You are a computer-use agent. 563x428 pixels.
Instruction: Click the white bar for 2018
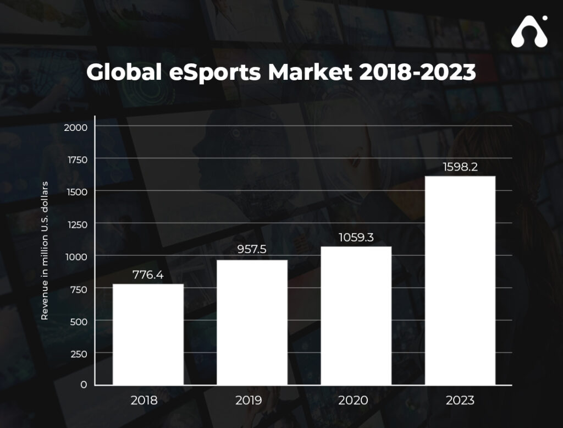tap(148, 334)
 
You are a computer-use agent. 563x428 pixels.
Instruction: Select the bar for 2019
tap(252, 322)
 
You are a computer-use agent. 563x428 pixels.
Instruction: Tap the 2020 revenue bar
tap(356, 316)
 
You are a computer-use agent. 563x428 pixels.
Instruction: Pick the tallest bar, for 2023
tap(461, 281)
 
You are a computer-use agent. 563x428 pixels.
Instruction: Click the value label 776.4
tap(148, 275)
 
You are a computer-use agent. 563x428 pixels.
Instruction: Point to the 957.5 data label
tap(252, 249)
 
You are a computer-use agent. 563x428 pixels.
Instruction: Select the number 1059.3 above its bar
tap(356, 237)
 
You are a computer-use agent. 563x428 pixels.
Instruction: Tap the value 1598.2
tap(461, 167)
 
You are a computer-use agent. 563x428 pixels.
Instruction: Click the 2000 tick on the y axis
tap(75, 127)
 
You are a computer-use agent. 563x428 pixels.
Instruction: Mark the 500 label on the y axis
tap(78, 321)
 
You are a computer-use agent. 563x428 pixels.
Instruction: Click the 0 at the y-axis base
tap(84, 385)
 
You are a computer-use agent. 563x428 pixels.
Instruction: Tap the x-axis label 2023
tap(461, 400)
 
